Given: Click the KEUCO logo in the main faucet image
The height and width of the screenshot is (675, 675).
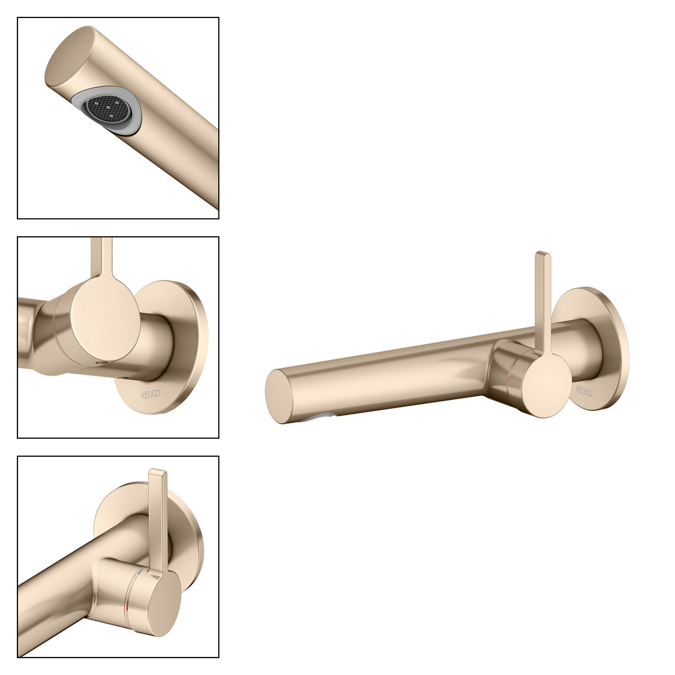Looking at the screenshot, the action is [584, 391].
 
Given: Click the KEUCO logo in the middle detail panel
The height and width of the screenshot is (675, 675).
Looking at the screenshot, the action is [151, 394].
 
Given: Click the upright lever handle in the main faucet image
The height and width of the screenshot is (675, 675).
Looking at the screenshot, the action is [542, 301].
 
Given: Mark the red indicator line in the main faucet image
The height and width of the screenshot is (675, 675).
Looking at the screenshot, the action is [509, 380].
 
